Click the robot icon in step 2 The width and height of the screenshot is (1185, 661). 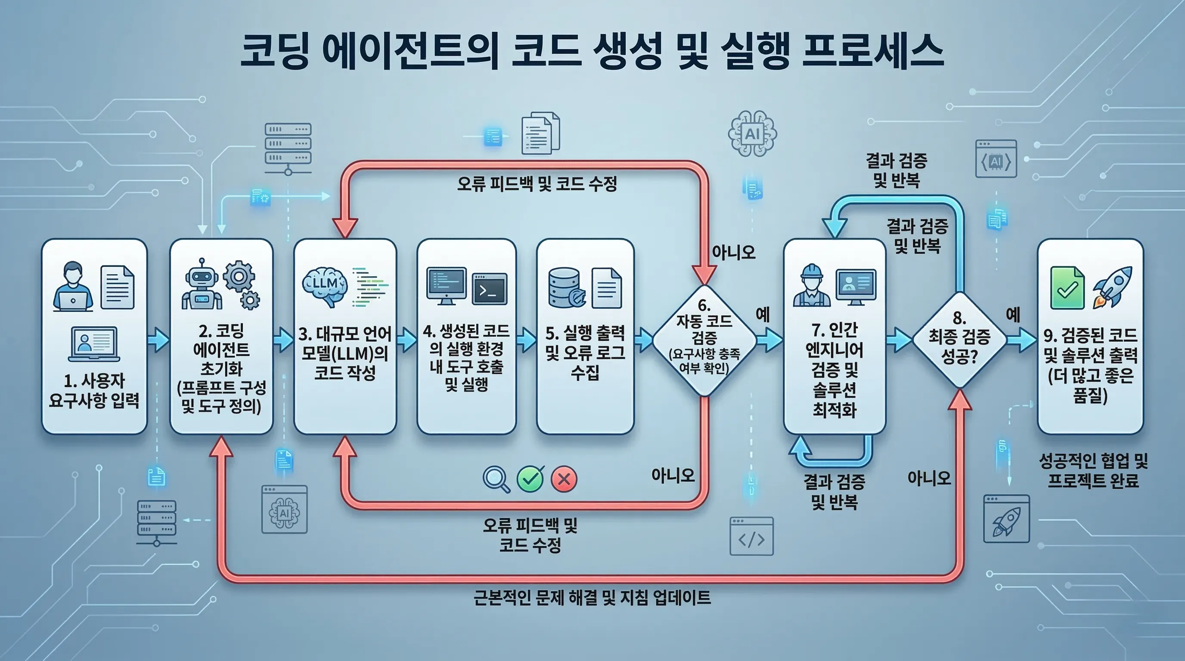(201, 284)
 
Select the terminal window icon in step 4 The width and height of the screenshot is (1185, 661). (490, 289)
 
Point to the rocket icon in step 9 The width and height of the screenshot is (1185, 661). (1113, 288)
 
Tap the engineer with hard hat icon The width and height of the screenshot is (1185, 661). (812, 285)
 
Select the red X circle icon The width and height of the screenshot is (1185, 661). (564, 479)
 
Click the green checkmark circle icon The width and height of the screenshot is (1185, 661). (530, 479)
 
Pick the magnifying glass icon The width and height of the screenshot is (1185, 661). (496, 479)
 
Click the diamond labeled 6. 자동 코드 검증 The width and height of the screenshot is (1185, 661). (704, 340)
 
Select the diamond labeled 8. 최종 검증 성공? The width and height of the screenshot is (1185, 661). (959, 340)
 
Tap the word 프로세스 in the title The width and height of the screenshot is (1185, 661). (873, 50)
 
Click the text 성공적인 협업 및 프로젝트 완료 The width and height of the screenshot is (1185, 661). (1093, 470)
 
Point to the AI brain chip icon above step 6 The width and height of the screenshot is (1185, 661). (752, 134)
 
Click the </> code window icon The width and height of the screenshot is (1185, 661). (751, 537)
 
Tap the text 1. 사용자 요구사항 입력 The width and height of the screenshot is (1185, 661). (94, 391)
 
